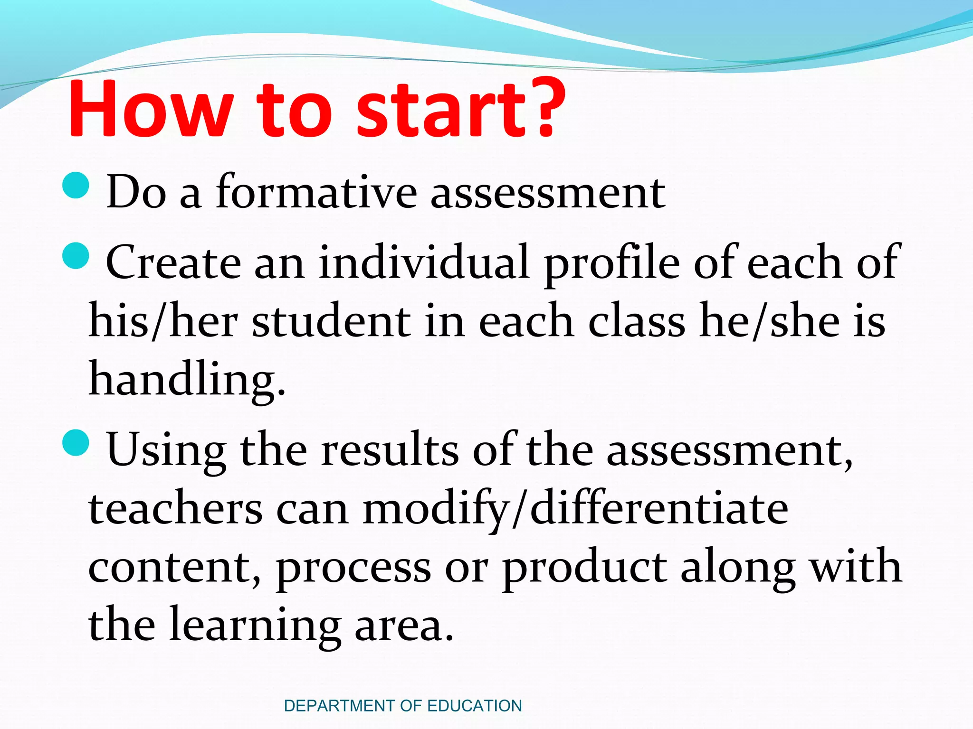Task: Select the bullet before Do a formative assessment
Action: point(76,186)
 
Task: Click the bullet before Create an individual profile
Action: point(76,256)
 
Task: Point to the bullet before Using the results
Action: point(76,442)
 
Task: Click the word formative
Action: point(316,192)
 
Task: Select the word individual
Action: point(424,262)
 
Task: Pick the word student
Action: point(331,321)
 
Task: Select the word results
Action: point(390,449)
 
